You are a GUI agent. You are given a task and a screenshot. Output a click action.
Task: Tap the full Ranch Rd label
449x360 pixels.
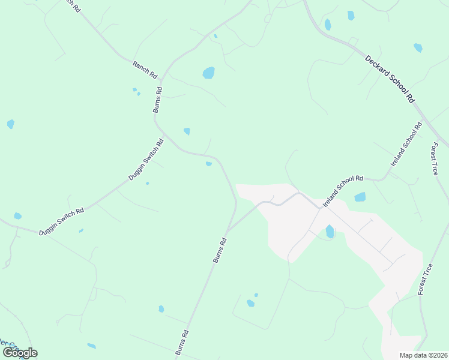click(145, 69)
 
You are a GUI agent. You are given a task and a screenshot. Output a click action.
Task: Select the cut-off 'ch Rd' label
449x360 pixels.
click(71, 5)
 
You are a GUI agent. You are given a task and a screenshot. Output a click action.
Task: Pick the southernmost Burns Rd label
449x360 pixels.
click(182, 343)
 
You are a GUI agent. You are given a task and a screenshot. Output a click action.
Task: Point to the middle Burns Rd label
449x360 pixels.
click(220, 250)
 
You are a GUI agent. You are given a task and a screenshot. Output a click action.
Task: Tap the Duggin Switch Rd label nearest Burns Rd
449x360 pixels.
click(146, 160)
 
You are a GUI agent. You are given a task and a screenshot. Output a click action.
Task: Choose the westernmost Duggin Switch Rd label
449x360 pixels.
click(62, 221)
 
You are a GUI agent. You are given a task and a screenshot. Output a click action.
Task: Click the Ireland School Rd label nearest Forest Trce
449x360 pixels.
click(406, 144)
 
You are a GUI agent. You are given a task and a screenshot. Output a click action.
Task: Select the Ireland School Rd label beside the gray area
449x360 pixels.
click(343, 191)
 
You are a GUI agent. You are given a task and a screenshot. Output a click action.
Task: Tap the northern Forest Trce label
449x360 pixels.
click(435, 158)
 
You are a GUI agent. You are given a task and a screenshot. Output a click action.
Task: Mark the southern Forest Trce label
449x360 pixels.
click(425, 279)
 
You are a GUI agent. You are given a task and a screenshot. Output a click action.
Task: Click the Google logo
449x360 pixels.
click(20, 353)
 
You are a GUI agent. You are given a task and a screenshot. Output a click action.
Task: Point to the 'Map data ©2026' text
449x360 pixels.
click(423, 355)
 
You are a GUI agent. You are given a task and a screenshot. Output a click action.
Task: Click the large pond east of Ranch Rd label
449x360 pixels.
click(208, 73)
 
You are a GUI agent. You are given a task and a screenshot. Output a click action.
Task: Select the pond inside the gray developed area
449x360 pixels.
click(330, 231)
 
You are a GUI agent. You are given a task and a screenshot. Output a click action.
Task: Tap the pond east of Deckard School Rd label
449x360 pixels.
click(418, 47)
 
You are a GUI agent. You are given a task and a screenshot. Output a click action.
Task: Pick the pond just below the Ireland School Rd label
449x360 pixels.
click(360, 197)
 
